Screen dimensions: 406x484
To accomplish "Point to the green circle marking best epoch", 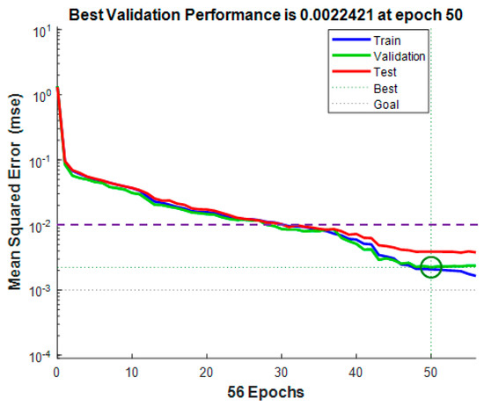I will pyautogui.click(x=430, y=266).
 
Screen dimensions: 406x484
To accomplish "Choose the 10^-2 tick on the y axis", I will pyautogui.click(x=40, y=226).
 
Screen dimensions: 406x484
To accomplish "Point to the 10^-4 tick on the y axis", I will pyautogui.click(x=40, y=355).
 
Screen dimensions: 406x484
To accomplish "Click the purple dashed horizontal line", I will pyautogui.click(x=176, y=225).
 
